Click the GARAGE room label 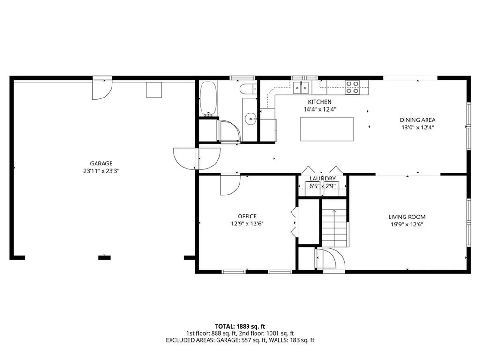click(x=101, y=164)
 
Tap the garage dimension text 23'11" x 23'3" click(x=101, y=171)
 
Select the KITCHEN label click(x=320, y=102)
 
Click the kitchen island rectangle click(x=327, y=129)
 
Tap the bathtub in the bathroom click(x=208, y=99)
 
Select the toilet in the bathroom click(x=248, y=89)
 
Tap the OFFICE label click(x=247, y=216)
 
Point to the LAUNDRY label click(x=322, y=179)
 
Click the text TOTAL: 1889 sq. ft click(x=240, y=326)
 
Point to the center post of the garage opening click(x=105, y=257)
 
